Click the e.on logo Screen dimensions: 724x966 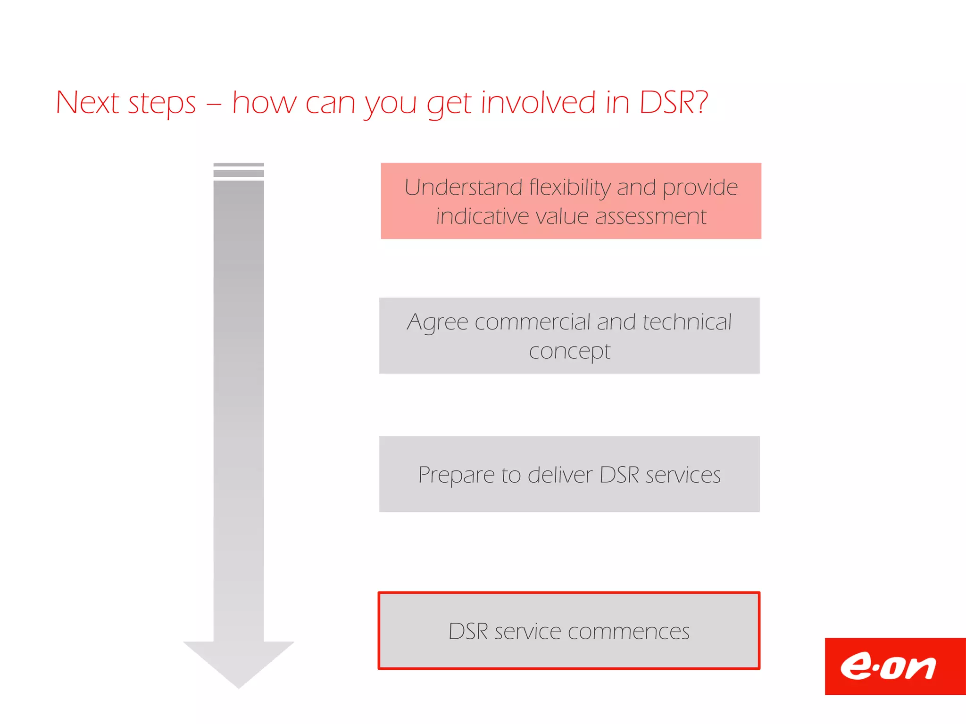click(889, 666)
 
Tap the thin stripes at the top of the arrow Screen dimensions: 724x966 click(239, 169)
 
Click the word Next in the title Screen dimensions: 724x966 click(87, 102)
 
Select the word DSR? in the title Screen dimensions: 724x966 click(673, 102)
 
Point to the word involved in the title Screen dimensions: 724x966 click(538, 102)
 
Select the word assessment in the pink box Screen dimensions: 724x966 click(650, 217)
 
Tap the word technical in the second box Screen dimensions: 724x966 click(687, 322)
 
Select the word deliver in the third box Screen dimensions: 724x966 click(560, 475)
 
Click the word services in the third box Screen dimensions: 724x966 click(683, 475)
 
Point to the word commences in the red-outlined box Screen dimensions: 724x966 click(628, 632)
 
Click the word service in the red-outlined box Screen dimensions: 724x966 click(527, 632)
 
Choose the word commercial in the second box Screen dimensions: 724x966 click(533, 322)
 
